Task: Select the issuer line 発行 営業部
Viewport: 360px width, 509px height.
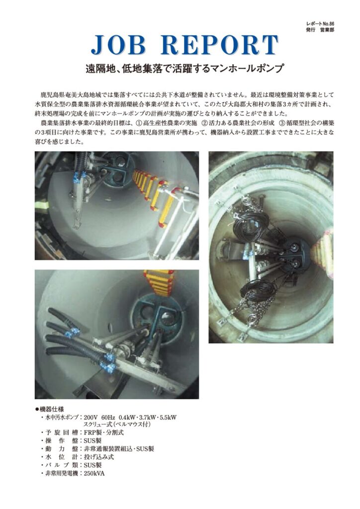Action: click(320, 29)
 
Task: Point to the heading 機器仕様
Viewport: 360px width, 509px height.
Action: click(54, 409)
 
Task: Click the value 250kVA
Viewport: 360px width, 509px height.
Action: click(94, 473)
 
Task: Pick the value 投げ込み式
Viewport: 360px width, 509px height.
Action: click(98, 457)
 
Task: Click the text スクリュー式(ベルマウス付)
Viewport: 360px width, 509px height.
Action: click(117, 424)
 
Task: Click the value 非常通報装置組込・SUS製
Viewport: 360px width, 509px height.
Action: click(119, 449)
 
